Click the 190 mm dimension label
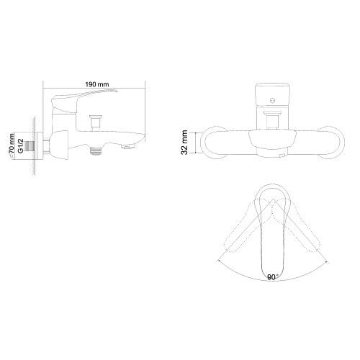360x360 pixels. tap(96, 85)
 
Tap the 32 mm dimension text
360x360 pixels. tap(185, 142)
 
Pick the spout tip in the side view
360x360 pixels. tap(130, 148)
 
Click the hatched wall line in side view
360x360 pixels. tap(33, 144)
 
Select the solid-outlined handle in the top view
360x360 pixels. tap(272, 238)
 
